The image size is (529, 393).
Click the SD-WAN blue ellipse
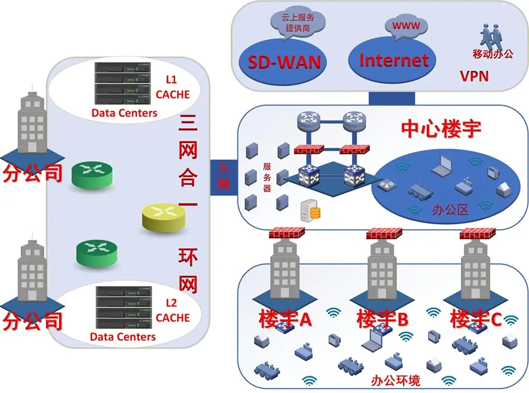tap(284, 61)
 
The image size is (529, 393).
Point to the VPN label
tap(474, 76)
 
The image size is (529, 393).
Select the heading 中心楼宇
tap(441, 128)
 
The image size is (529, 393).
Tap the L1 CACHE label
tap(172, 87)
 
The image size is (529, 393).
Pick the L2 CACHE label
tap(172, 311)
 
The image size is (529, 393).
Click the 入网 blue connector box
tap(223, 176)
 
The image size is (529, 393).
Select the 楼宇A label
tap(285, 319)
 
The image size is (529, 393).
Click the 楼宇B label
tap(382, 319)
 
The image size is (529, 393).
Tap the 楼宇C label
tap(475, 319)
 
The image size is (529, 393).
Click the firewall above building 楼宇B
tap(385, 234)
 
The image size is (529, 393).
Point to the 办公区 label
tap(451, 209)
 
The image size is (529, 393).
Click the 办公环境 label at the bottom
tap(395, 381)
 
